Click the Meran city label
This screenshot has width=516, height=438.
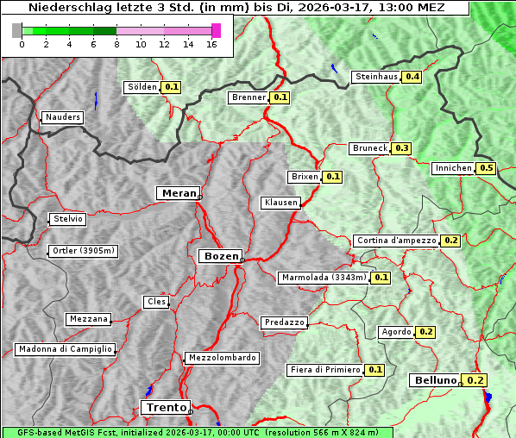tap(178, 193)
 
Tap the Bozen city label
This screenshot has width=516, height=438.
tap(219, 256)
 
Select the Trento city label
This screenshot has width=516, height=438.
tap(165, 407)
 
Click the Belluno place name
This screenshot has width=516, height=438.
tap(433, 380)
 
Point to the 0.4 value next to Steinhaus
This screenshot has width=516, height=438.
tap(412, 77)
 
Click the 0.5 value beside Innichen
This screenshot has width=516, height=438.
tap(487, 168)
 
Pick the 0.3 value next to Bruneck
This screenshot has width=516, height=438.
tap(402, 148)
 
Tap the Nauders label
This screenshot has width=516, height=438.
tap(62, 117)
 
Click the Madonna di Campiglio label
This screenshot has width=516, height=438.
tap(65, 349)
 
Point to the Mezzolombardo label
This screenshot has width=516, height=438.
tap(221, 358)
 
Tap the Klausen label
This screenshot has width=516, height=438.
tap(280, 203)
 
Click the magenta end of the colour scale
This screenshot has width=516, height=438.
tap(216, 30)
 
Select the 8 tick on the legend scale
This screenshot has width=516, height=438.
tap(116, 44)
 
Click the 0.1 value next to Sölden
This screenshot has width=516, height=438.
tap(172, 87)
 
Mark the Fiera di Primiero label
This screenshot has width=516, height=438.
tap(324, 370)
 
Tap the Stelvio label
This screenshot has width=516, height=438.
tap(68, 219)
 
